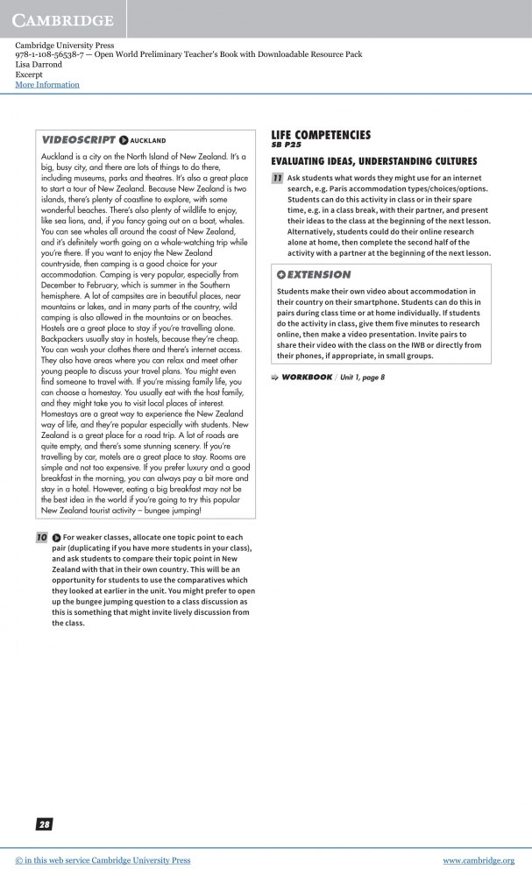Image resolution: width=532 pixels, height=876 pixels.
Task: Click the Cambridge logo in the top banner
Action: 63,19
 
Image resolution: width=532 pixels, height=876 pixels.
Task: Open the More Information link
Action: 47,85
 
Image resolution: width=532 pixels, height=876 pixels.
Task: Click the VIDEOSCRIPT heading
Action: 79,139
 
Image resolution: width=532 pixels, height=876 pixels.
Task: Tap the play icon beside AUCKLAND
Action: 124,140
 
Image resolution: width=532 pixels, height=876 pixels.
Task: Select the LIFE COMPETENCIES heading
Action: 321,134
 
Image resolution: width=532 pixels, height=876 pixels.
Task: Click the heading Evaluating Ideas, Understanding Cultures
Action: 374,161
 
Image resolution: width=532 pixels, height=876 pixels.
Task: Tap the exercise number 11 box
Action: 277,178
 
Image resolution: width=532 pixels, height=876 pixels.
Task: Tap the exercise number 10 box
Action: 41,536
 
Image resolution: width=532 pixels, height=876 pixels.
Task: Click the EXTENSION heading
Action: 319,274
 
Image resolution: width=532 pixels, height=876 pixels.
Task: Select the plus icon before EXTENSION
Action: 281,274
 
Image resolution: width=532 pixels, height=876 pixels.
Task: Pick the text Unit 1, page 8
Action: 362,377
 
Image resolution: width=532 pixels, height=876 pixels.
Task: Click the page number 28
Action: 44,824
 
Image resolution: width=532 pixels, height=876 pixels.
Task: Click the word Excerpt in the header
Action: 30,74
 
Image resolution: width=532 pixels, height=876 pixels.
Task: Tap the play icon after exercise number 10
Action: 56,536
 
